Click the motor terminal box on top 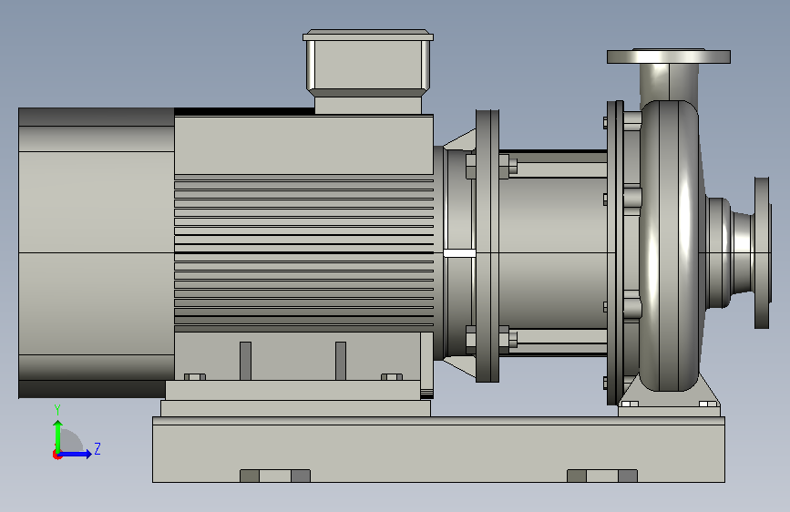[368, 72]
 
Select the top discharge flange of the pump [669, 56]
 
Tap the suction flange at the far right [762, 252]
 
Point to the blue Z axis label [97, 448]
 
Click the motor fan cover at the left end [97, 252]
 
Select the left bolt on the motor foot [194, 377]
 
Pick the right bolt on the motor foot [392, 377]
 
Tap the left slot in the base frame [275, 476]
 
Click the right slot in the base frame [602, 476]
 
